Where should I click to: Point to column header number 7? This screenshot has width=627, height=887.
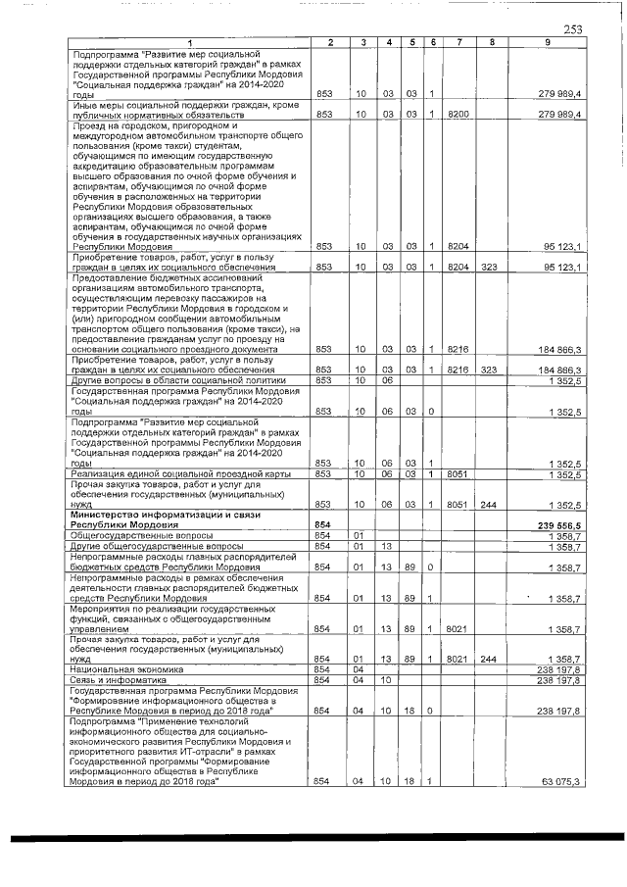pyautogui.click(x=458, y=41)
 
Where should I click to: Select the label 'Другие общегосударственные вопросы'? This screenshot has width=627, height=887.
pyautogui.click(x=144, y=545)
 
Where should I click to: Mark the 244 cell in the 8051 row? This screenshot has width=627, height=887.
pyautogui.click(x=489, y=505)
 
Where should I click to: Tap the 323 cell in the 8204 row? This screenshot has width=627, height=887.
pyautogui.click(x=489, y=268)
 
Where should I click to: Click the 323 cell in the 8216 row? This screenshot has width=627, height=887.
pyautogui.click(x=489, y=369)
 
